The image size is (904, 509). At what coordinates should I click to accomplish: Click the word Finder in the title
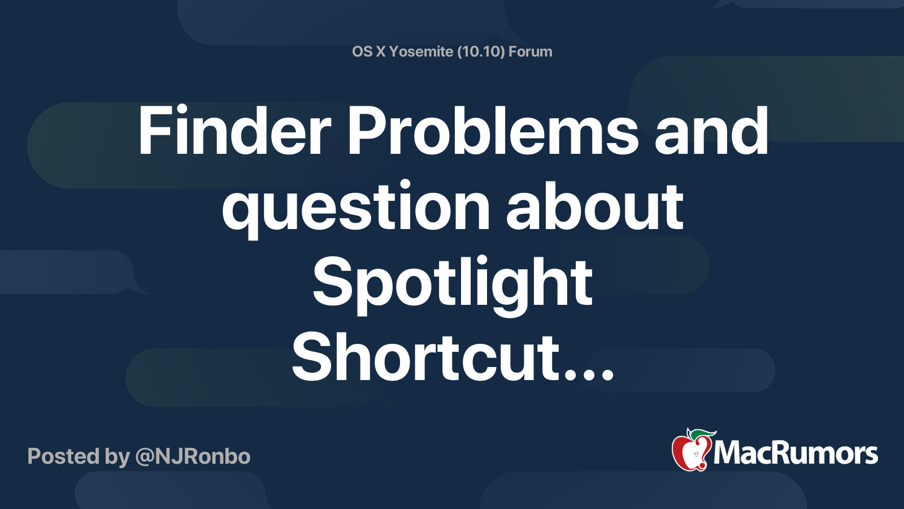(x=234, y=131)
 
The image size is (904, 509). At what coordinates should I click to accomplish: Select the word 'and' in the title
(x=711, y=131)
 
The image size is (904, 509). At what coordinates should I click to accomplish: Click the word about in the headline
(x=594, y=207)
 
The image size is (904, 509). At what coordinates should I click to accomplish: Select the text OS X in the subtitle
(x=368, y=51)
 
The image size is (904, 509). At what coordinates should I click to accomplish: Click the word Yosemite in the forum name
(x=421, y=51)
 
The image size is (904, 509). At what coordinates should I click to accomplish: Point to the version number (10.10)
(x=481, y=51)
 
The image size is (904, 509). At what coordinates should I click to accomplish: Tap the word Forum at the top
(x=530, y=51)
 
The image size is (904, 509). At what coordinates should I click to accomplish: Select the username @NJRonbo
(x=193, y=456)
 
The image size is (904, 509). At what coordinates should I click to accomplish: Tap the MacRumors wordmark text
(x=796, y=453)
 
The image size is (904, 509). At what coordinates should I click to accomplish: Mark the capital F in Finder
(x=154, y=131)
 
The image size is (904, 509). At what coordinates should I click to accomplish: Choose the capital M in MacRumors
(x=728, y=453)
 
